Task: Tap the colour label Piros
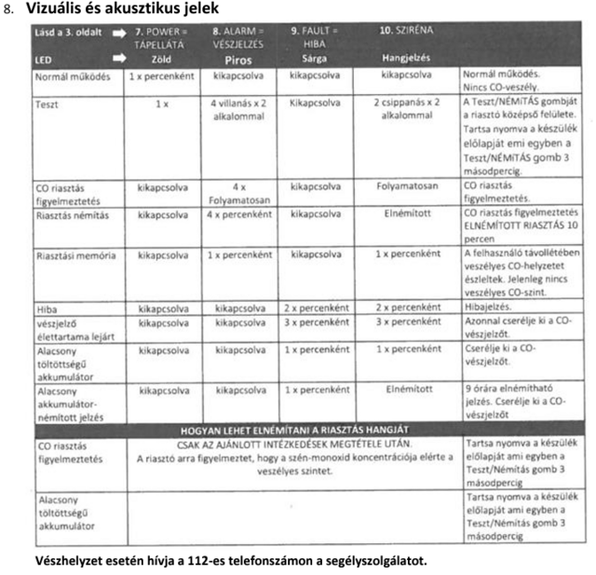[237, 58]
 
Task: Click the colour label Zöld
[161, 58]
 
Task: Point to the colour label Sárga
[314, 58]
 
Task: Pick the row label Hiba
[46, 307]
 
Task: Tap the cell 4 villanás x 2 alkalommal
[239, 110]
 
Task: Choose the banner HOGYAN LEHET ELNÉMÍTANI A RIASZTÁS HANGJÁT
[293, 430]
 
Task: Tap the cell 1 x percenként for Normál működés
[161, 73]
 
